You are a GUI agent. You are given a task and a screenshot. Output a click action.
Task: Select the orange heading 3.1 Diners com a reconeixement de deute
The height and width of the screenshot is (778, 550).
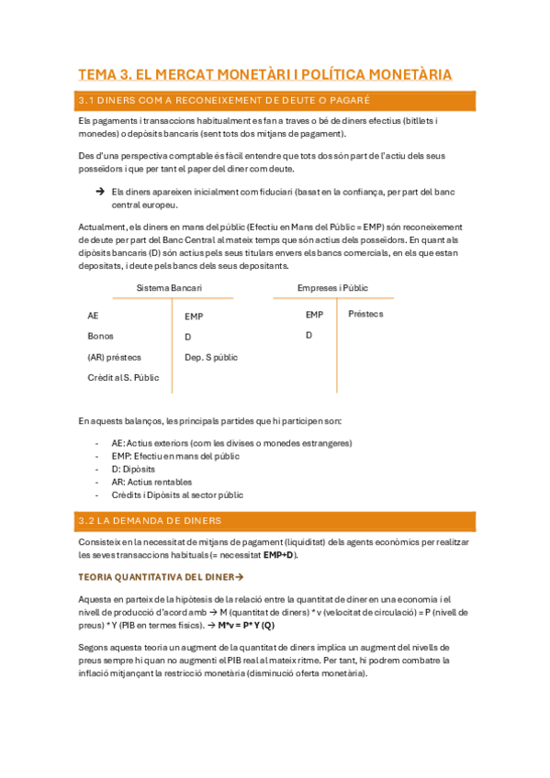click(225, 100)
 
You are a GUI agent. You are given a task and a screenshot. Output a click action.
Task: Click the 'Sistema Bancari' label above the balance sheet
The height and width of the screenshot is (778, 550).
click(169, 288)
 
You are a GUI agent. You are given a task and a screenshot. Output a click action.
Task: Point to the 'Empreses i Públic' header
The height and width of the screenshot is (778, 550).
click(332, 288)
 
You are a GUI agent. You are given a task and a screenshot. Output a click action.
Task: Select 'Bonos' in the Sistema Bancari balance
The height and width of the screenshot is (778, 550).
click(101, 336)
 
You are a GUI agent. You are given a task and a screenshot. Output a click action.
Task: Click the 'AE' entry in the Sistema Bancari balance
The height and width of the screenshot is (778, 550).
click(94, 316)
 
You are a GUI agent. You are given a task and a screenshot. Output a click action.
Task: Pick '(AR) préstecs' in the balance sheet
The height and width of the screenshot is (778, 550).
click(115, 357)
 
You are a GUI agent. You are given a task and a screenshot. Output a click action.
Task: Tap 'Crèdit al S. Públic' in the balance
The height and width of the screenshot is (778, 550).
click(123, 377)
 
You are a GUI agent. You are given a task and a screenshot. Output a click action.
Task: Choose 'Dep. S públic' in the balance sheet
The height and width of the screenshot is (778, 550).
click(211, 357)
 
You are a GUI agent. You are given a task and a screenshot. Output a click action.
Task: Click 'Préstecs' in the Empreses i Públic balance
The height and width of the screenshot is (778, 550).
click(366, 314)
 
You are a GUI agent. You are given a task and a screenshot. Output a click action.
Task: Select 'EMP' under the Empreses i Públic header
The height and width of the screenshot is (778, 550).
click(315, 315)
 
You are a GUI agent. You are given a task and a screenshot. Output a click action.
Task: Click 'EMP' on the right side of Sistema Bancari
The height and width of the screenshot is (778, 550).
click(194, 317)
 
